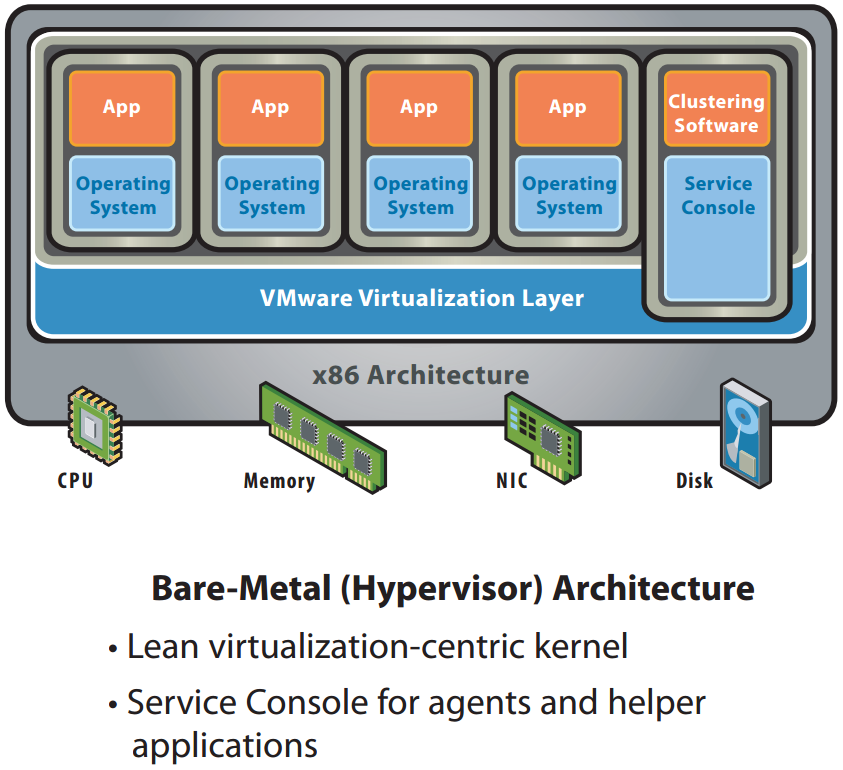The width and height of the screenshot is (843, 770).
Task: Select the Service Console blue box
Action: tap(717, 227)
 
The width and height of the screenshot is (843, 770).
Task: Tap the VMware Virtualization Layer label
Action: tap(421, 298)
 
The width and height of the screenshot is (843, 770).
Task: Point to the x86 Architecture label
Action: tap(420, 375)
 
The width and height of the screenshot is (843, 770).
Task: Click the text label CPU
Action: tap(75, 481)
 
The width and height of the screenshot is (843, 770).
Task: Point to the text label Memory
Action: tap(279, 481)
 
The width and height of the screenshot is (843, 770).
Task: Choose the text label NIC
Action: tap(511, 481)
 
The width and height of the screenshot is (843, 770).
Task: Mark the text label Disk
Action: tap(694, 481)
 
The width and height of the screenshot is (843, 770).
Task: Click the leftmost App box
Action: tap(122, 107)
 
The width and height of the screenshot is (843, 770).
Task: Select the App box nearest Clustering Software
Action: tap(567, 107)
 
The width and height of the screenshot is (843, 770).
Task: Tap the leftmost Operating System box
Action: tap(123, 195)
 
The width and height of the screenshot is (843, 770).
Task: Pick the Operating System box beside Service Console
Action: tap(569, 195)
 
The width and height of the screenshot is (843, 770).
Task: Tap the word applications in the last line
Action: tap(224, 745)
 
